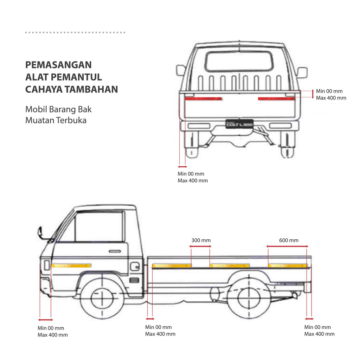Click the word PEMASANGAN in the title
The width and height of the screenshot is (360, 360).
point(58,65)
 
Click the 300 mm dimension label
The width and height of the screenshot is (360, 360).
point(201,240)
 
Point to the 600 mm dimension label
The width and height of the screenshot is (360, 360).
point(289,240)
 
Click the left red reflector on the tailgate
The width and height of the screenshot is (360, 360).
point(203,98)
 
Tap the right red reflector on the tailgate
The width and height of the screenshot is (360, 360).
point(276,98)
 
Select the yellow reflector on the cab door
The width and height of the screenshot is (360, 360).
point(71,265)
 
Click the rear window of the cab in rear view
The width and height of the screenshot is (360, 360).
point(239,61)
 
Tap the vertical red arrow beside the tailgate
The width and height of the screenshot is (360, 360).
point(313,94)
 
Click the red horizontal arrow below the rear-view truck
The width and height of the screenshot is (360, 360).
point(182,166)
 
